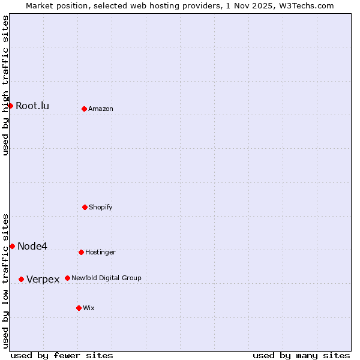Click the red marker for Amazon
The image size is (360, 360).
point(84,109)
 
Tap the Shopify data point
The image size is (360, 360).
point(85,207)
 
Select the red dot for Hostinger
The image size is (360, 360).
point(81,252)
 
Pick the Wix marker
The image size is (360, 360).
point(79,308)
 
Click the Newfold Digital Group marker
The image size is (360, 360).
point(67,278)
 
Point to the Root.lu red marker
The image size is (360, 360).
point(10,106)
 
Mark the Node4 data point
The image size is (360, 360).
point(12,246)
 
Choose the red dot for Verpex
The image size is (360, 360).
point(21,279)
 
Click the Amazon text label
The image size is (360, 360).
point(101,109)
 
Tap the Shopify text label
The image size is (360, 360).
point(101,208)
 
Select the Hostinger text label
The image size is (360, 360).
point(100,253)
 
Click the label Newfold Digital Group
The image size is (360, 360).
point(106,278)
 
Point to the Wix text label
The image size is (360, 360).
point(89,308)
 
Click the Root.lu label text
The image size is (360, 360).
point(32,106)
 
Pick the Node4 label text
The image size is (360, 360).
point(32,247)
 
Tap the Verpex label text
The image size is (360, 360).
point(43,280)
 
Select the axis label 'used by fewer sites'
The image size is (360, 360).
point(62,355)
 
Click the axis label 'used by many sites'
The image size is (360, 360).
point(301,355)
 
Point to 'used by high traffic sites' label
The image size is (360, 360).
point(5,85)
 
